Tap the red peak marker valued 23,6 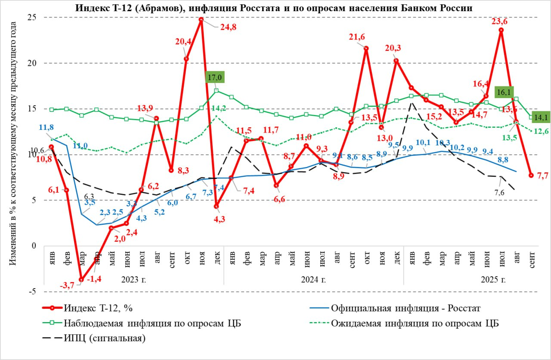(501, 30)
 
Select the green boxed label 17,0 (216, 78)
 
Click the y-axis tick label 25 (31, 17)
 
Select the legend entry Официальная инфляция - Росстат (405, 308)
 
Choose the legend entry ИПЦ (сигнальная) (105, 338)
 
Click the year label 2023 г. (134, 280)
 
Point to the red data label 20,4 (183, 42)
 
